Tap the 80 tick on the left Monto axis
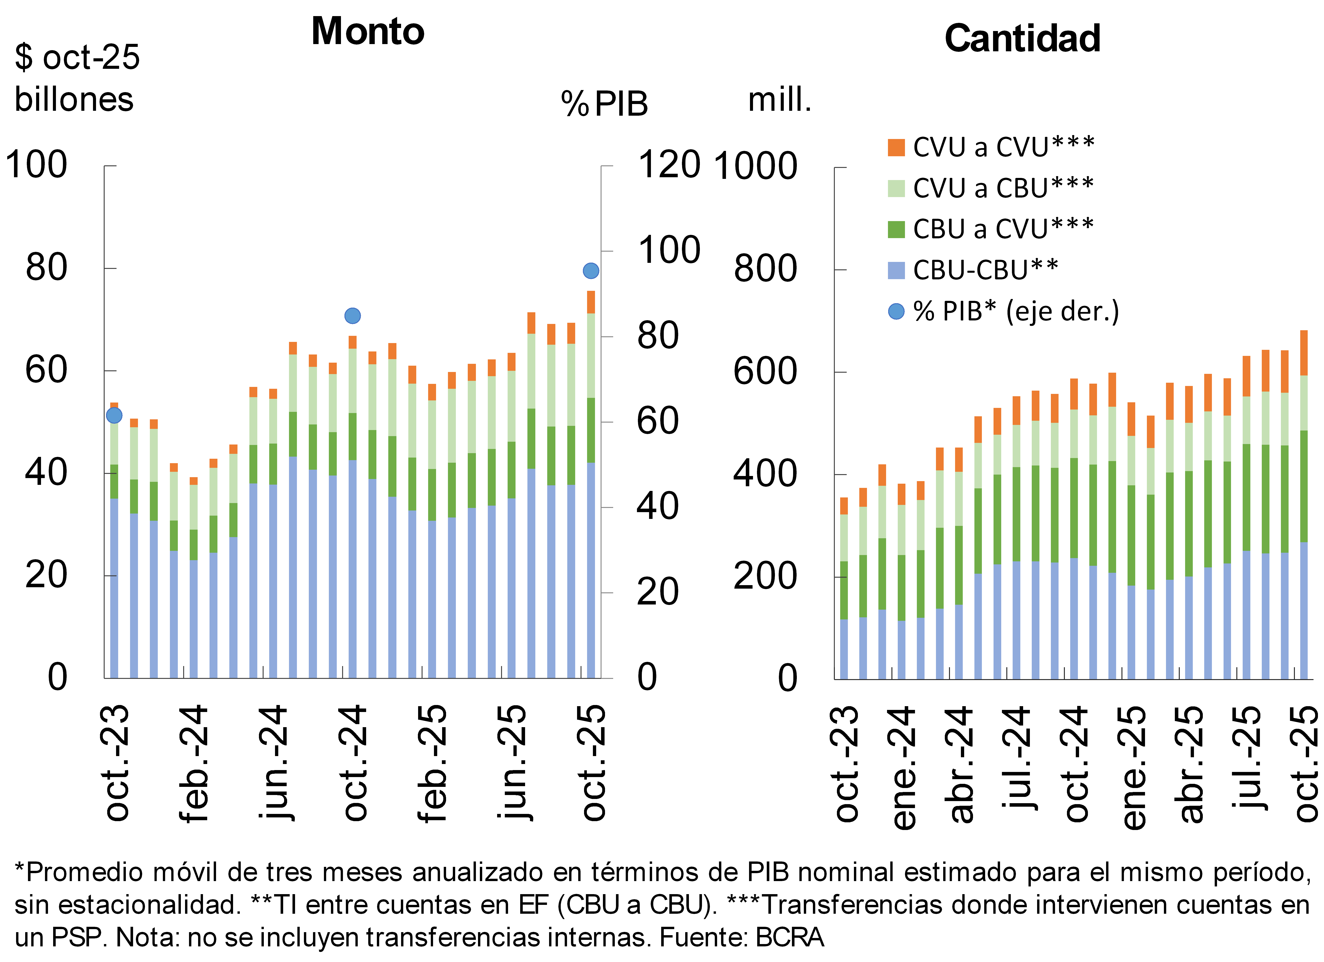click(47, 268)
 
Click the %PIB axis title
click(604, 104)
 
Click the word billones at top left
click(74, 99)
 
